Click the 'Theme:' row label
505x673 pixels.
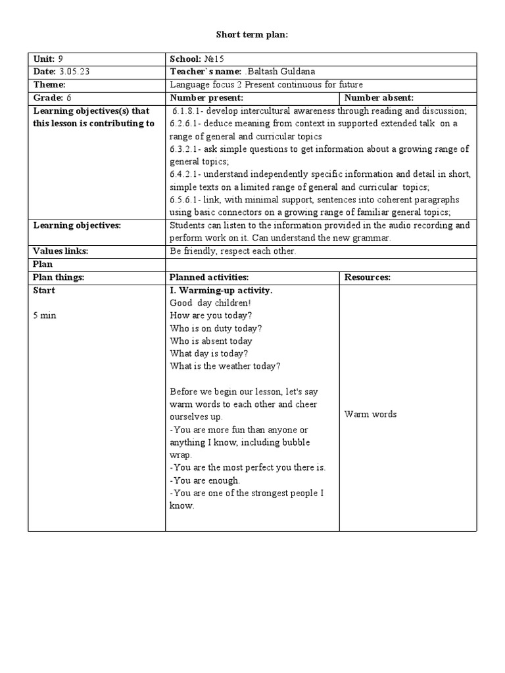[x=49, y=85]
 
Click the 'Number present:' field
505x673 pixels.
[x=207, y=98]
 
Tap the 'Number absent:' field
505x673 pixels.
[x=379, y=98]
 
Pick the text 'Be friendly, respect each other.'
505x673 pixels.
[x=233, y=251]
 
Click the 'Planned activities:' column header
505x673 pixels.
[x=209, y=277]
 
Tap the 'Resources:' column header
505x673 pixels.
[x=368, y=277]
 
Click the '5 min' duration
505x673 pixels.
[x=45, y=315]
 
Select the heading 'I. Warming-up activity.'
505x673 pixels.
[x=221, y=290]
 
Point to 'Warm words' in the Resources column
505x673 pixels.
[x=370, y=414]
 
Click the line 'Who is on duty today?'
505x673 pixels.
[x=216, y=328]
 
